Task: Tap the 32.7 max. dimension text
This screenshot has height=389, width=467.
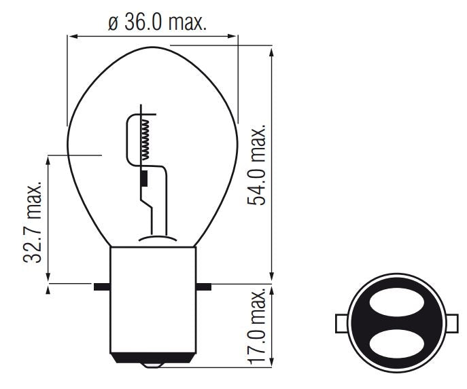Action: coord(36,222)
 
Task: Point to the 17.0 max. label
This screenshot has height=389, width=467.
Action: coord(259,329)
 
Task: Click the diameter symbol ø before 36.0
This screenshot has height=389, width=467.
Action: coord(114,22)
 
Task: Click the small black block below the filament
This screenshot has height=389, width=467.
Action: coord(144,179)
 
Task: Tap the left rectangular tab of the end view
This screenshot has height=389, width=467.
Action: coord(343,322)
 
